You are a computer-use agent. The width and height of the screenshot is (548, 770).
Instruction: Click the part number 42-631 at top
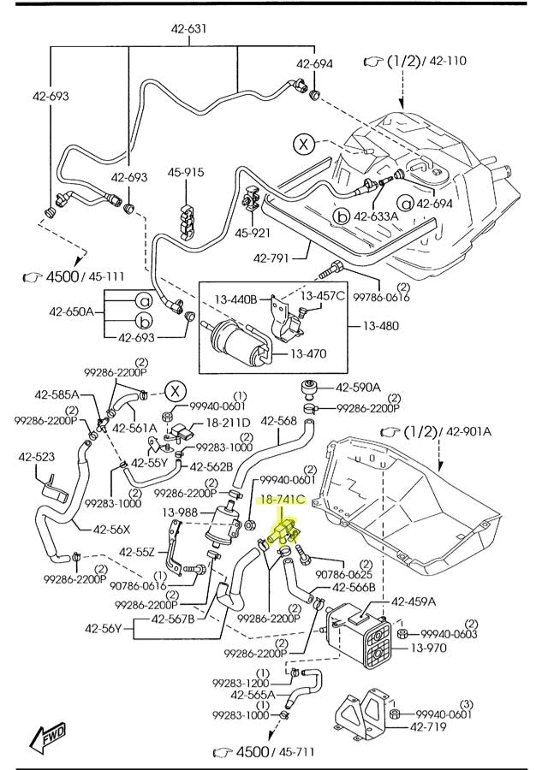point(188,29)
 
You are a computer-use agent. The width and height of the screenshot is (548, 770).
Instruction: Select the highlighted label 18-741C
point(282,500)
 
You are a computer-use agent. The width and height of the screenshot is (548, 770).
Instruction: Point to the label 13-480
point(381,326)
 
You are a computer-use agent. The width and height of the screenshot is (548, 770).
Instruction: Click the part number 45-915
point(186,172)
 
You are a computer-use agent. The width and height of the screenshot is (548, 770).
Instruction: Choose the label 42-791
point(271,258)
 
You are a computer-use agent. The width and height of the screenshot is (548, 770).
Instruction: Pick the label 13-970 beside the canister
point(429,649)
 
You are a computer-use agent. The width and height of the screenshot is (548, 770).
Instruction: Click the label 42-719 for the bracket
point(428,726)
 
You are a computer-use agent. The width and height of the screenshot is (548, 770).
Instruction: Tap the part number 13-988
point(180,512)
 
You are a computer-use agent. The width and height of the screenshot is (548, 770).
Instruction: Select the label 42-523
point(37,457)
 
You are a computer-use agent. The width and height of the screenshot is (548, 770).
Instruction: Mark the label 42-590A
point(358,388)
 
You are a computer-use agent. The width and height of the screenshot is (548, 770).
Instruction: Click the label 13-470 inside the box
point(308,353)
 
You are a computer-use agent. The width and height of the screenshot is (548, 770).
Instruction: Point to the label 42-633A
point(376,216)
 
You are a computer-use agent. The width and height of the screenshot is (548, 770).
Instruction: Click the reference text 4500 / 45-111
point(74,276)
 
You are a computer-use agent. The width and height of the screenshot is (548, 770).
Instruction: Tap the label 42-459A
point(414,601)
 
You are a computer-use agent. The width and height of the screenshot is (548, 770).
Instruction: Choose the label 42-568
point(278,421)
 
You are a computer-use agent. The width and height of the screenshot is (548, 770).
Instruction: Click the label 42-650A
point(71,311)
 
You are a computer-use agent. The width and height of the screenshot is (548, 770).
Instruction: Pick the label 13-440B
point(236,299)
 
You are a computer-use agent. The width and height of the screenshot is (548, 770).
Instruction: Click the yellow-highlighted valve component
point(284,532)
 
